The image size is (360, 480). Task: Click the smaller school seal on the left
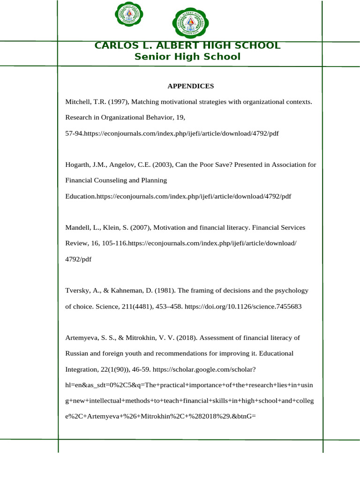[x=129, y=15]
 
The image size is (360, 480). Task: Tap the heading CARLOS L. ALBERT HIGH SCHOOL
[x=187, y=45]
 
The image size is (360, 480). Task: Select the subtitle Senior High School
[x=187, y=57]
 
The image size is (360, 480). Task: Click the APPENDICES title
[x=190, y=86]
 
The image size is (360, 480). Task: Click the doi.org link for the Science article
[x=243, y=307]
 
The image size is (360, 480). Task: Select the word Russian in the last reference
[x=77, y=354]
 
